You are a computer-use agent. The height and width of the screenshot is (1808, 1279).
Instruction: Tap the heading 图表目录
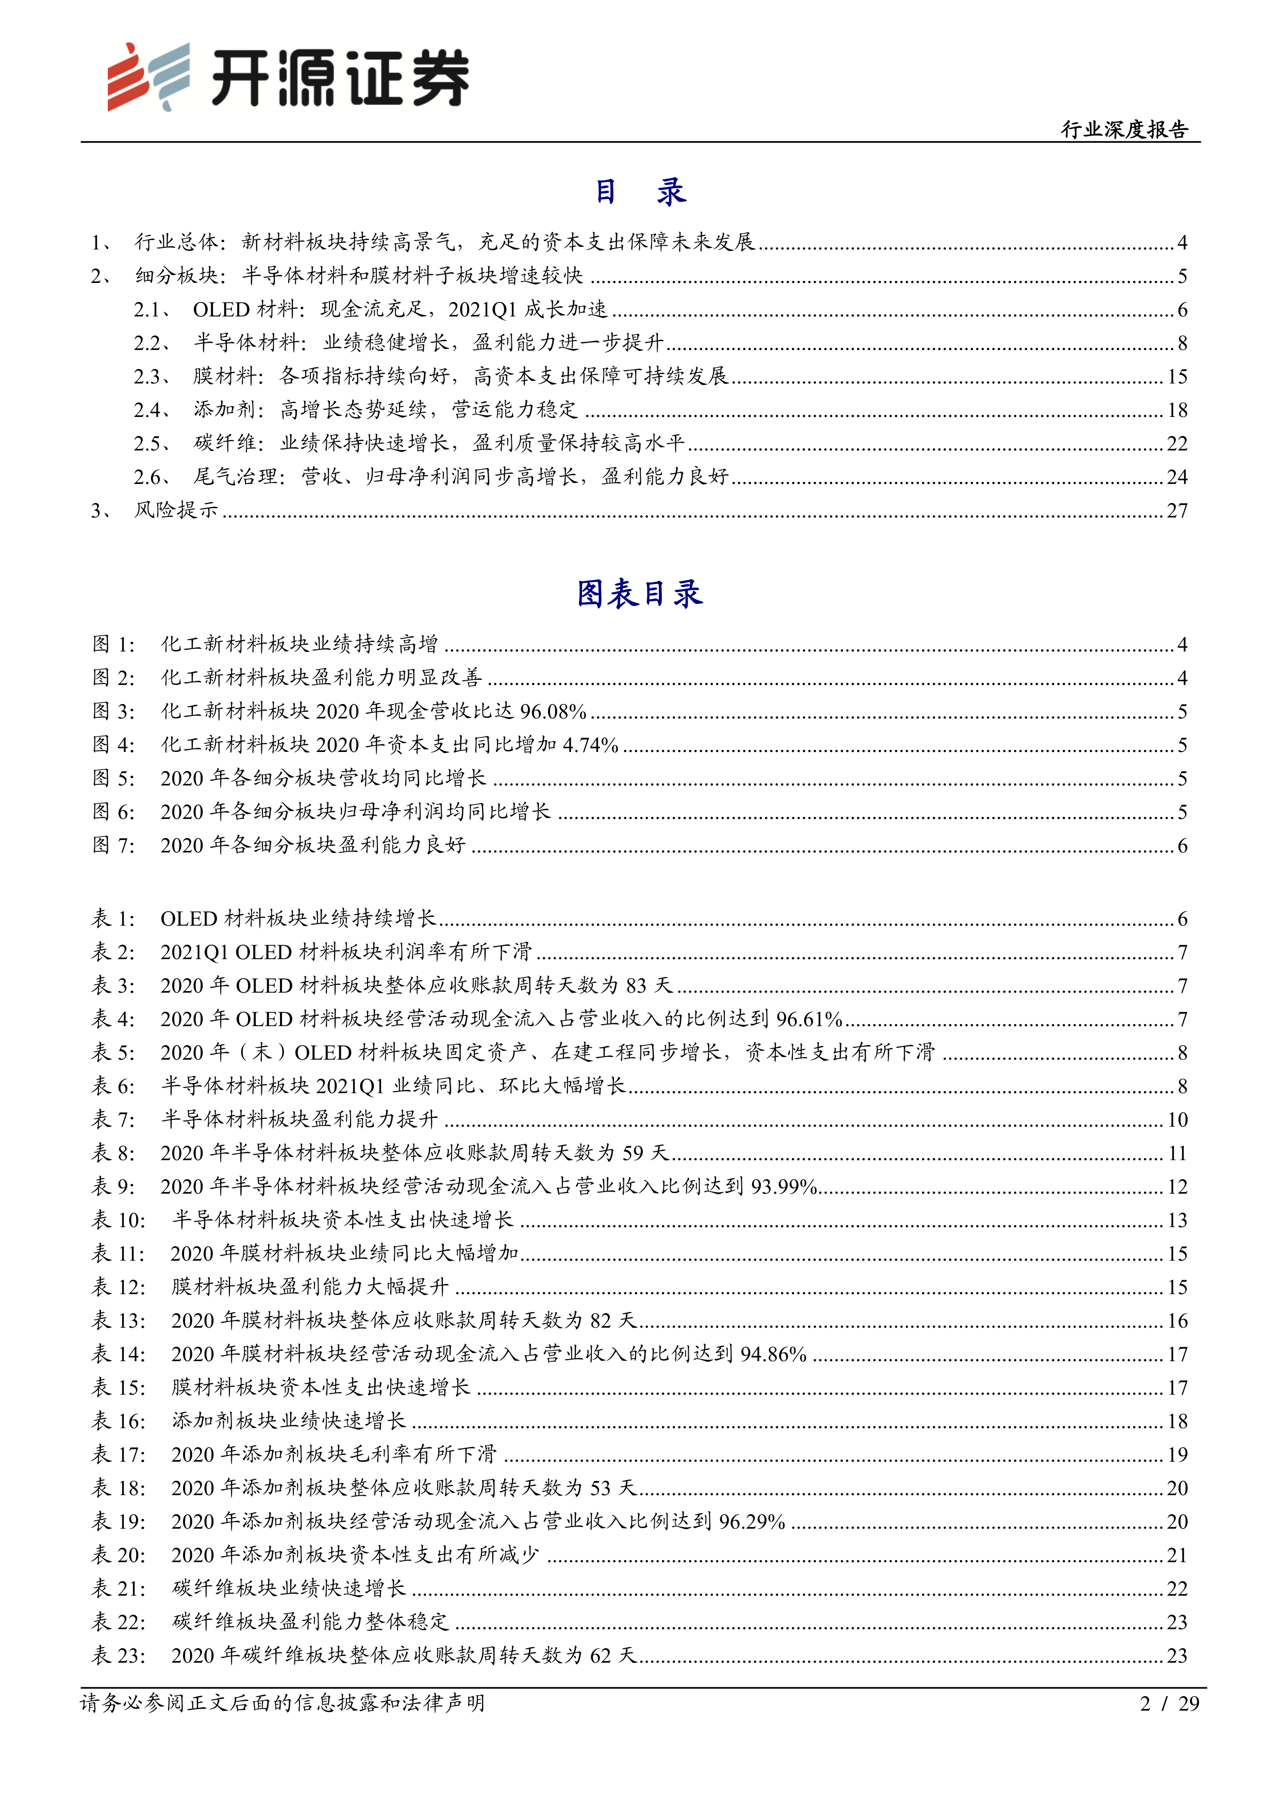pyautogui.click(x=639, y=594)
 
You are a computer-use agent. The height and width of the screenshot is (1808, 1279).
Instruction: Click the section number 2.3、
pyautogui.click(x=153, y=376)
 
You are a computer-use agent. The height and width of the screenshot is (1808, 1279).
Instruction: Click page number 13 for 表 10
pyautogui.click(x=1176, y=1220)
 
